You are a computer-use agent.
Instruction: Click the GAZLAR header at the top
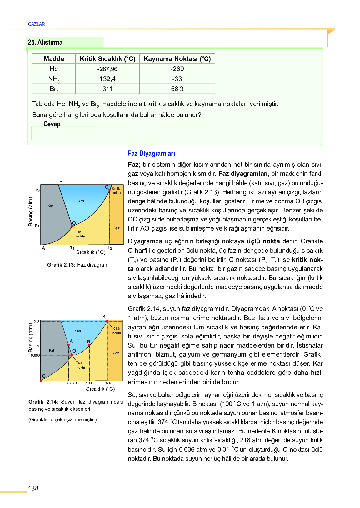36,24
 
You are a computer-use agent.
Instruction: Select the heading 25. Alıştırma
45,42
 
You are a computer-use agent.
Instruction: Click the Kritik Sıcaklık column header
107,59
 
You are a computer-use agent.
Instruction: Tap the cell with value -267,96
107,69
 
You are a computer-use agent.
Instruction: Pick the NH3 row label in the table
54,79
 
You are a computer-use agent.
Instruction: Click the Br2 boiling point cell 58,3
177,89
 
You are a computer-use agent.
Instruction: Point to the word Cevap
52,124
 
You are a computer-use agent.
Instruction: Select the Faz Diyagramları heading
151,153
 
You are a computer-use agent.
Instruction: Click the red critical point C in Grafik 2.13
110,190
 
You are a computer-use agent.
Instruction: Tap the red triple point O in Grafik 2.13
72,226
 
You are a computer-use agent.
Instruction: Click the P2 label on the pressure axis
37,190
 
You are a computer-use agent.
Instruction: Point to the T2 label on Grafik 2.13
110,248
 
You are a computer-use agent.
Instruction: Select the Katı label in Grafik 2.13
51,206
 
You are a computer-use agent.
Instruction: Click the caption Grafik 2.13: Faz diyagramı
78,265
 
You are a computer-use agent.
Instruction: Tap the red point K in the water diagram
107,321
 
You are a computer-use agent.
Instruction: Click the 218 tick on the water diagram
37,322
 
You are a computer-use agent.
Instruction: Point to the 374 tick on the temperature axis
107,383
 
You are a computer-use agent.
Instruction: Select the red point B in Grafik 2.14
89,345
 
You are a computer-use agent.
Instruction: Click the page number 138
33,488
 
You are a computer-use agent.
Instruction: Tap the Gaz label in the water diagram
116,353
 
